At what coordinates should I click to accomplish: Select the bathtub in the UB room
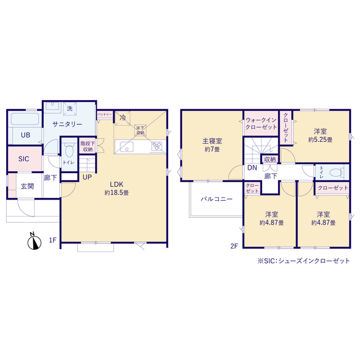coord(24,120)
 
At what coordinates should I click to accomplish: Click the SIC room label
coord(24,159)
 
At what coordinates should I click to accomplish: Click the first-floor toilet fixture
coord(69,150)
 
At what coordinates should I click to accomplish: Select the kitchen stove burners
coord(157,147)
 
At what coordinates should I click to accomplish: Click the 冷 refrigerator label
coord(123,118)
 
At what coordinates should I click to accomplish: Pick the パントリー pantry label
coord(105,114)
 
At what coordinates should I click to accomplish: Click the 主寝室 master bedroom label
coord(211,141)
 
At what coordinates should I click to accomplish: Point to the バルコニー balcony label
coord(213,199)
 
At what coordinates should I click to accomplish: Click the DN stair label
coord(251,168)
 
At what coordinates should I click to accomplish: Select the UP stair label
coord(87,177)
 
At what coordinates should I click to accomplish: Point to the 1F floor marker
coord(52,241)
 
